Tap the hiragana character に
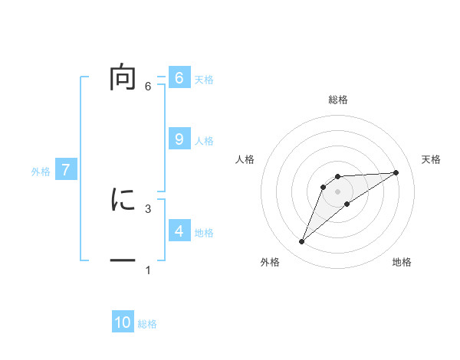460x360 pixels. coord(123,200)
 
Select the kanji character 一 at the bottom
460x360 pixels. coord(123,261)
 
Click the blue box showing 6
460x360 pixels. coord(179,78)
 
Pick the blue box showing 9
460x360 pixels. coord(179,139)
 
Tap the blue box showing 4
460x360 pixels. coord(179,231)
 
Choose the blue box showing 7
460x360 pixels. coord(66,170)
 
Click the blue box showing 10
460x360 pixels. coord(123,322)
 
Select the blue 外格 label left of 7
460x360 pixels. coord(41,172)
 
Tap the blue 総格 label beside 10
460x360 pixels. coord(147,324)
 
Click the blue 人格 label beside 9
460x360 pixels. coord(204,141)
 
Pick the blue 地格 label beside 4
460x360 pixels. coord(204,233)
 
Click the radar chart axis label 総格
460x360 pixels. coord(337,100)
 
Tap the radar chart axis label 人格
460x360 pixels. coord(245,159)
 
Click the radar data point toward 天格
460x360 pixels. coord(396,172)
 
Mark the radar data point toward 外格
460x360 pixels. coord(301,242)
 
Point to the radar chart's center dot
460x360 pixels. coord(337,191)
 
